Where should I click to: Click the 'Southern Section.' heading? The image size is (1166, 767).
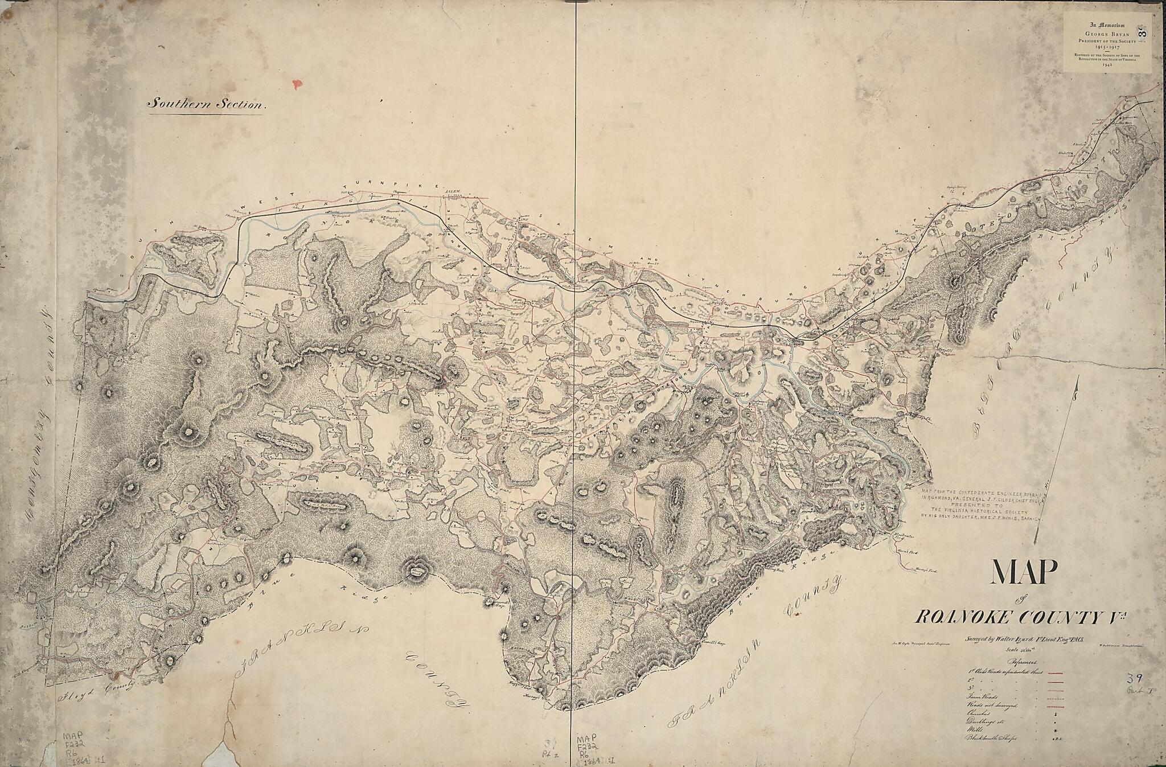click(206, 104)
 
